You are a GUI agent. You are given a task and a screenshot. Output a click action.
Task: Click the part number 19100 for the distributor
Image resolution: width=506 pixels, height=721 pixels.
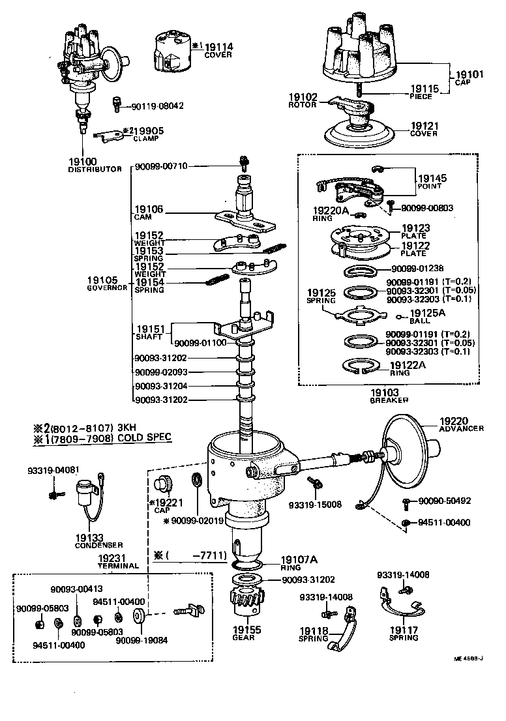pos(82,161)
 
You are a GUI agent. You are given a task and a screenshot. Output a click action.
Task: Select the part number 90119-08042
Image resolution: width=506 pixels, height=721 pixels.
pos(156,106)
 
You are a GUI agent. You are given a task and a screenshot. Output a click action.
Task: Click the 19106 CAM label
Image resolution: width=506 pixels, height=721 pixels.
pos(149,213)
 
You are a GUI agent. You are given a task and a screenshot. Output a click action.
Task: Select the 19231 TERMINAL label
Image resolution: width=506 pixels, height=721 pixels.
pos(119,563)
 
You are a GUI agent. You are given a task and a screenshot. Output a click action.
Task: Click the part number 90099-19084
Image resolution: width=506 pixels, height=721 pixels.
pos(141,640)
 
